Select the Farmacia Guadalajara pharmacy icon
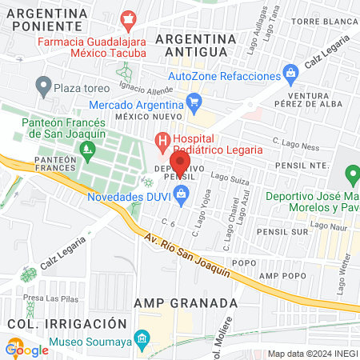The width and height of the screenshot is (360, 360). pyautogui.click(x=127, y=18)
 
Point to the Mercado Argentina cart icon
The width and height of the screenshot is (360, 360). pyautogui.click(x=193, y=102)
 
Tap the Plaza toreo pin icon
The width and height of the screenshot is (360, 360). pyautogui.click(x=43, y=85)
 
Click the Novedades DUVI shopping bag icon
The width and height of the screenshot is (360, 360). pyautogui.click(x=182, y=193)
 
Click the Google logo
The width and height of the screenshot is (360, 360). pyautogui.click(x=27, y=349)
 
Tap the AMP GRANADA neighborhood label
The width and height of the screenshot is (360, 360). pyautogui.click(x=186, y=303)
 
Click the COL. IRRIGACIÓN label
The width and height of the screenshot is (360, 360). pyautogui.click(x=67, y=323)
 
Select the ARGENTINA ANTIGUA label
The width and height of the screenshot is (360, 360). pyautogui.click(x=196, y=46)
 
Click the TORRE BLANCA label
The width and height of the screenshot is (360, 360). pyautogui.click(x=323, y=44)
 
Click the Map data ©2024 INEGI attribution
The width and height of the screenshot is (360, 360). pyautogui.click(x=311, y=354)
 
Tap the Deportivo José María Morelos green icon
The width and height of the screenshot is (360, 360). pyautogui.click(x=350, y=174)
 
